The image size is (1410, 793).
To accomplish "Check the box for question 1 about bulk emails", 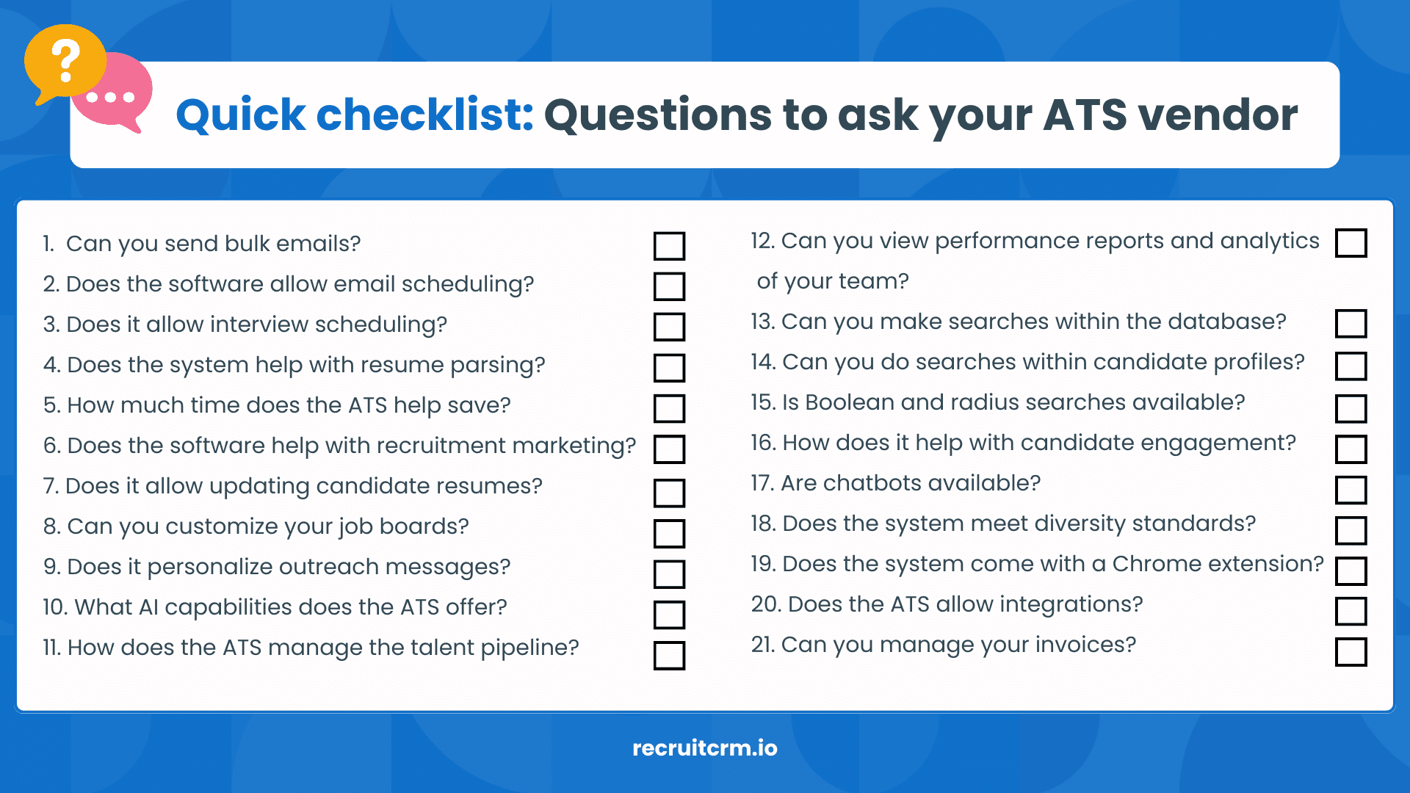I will [x=669, y=246].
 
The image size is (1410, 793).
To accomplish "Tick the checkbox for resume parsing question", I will [x=669, y=367].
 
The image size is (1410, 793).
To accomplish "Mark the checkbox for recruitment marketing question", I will [x=669, y=449].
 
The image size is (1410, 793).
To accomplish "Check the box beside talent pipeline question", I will [x=669, y=655].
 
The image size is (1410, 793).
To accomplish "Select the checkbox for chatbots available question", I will [x=1351, y=490].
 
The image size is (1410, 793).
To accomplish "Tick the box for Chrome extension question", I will [x=1351, y=571].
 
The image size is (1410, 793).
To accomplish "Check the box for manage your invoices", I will [x=1351, y=651].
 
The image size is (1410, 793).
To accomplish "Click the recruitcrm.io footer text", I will [x=704, y=748].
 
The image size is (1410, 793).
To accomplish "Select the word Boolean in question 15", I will [x=849, y=402].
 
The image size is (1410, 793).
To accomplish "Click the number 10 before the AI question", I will [x=55, y=607].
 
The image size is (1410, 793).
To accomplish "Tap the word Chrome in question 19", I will [x=1157, y=564].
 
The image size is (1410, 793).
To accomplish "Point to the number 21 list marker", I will [x=762, y=645].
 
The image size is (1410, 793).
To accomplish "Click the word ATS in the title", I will [x=1085, y=115].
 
